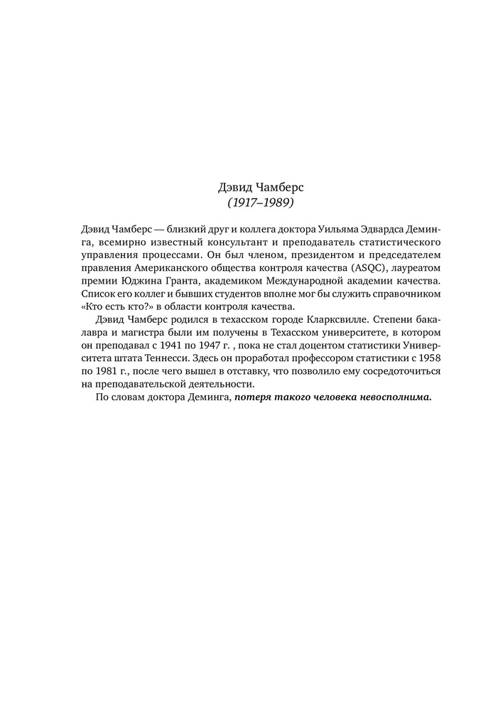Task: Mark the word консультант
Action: (199, 241)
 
